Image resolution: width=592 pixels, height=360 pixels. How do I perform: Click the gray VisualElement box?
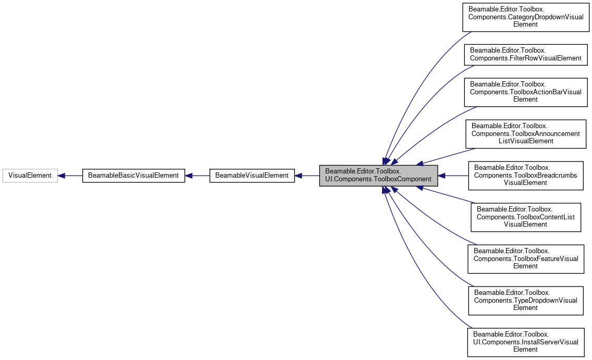[30, 176]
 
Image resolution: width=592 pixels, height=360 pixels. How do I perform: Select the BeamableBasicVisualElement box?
[134, 176]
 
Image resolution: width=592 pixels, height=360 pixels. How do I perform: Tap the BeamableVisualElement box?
[252, 176]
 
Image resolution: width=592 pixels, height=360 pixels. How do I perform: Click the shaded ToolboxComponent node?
[378, 176]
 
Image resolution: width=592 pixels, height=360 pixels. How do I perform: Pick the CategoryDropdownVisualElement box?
[525, 17]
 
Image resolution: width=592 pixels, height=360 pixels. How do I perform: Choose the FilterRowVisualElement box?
[525, 54]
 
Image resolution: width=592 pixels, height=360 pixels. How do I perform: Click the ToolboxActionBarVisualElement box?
[525, 92]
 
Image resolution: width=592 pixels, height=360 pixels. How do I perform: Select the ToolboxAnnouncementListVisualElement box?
[525, 134]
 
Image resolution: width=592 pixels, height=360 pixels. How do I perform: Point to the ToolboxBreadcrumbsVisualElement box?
[525, 176]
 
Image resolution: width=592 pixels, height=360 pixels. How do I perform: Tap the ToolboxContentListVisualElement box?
[525, 217]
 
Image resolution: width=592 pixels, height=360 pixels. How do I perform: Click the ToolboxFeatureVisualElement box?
[525, 259]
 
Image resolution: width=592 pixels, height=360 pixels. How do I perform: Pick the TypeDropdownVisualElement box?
[525, 301]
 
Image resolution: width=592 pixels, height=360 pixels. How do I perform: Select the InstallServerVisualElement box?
[525, 342]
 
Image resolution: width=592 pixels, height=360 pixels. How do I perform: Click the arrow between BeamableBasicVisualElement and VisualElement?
[70, 176]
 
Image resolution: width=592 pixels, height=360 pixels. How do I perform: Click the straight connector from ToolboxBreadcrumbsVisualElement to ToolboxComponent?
[453, 176]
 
